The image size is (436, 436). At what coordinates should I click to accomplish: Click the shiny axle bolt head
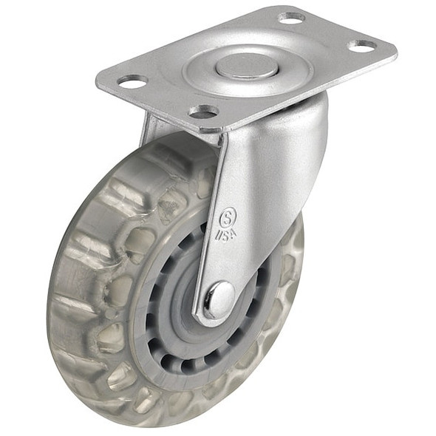coord(219,299)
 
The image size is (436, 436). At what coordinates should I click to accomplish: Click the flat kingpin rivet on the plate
coord(247,67)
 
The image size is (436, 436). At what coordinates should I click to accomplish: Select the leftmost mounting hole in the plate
coord(132,80)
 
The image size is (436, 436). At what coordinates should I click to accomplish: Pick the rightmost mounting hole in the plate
coord(361,46)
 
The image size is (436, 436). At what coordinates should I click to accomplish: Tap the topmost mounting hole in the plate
coord(292,16)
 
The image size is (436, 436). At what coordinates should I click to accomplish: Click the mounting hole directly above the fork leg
coord(204,112)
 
